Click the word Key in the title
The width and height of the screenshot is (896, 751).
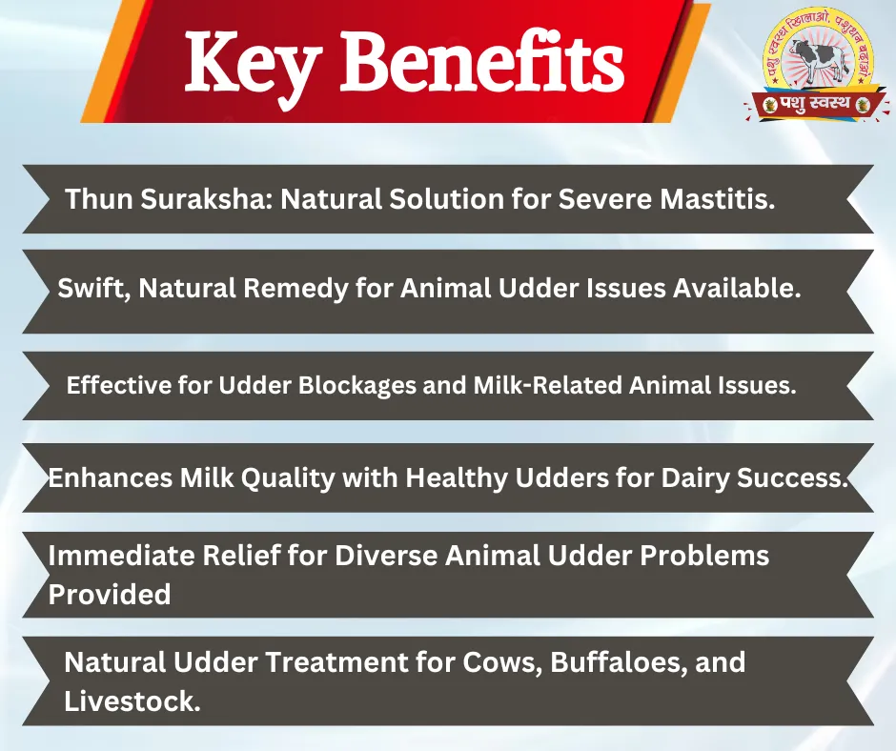pyautogui.click(x=252, y=64)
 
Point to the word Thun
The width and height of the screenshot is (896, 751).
pyautogui.click(x=99, y=199)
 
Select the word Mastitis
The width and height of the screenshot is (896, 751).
pyautogui.click(x=717, y=199)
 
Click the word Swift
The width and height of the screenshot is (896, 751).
pyautogui.click(x=95, y=288)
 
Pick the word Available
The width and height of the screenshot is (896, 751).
pyautogui.click(x=737, y=288)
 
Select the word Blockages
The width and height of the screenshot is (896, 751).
pyautogui.click(x=356, y=386)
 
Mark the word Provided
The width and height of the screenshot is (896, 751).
pyautogui.click(x=110, y=594)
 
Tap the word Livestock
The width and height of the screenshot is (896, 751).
pyautogui.click(x=132, y=701)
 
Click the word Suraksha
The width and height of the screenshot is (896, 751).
pyautogui.click(x=207, y=199)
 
